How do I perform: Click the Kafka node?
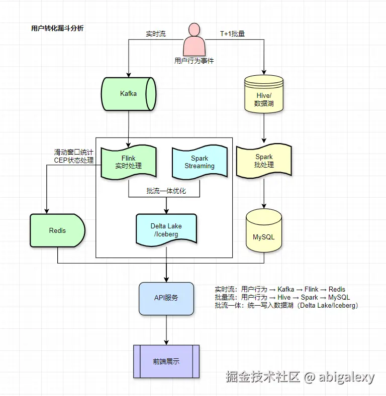pos(129,94)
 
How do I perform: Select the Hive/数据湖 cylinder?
pos(263,94)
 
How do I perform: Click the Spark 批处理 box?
pos(264,161)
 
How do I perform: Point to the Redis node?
pos(57,230)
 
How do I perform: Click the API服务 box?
pos(166,298)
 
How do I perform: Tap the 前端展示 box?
pos(166,361)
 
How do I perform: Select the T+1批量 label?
pos(233,34)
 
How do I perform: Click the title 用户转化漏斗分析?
pos(57,29)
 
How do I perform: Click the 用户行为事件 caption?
pos(194,61)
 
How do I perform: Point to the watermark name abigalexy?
pos(346,377)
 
